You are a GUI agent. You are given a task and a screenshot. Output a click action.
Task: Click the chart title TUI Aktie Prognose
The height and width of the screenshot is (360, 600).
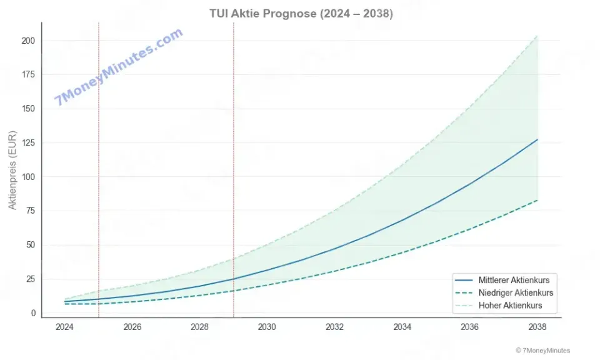[x=301, y=14]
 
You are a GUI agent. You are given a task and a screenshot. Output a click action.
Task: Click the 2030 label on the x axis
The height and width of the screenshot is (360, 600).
[x=267, y=326]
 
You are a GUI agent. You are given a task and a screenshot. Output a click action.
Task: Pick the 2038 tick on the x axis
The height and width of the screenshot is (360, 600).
[x=537, y=326]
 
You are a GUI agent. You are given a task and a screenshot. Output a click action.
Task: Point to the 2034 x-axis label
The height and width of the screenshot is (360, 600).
[x=402, y=326]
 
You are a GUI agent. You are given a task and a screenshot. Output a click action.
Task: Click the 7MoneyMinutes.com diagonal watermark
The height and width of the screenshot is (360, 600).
[x=119, y=66]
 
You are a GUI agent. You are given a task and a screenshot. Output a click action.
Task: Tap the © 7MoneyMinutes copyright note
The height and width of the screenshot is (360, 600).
[x=542, y=351]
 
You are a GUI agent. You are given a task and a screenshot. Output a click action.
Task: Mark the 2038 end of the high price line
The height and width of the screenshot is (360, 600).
[x=537, y=36]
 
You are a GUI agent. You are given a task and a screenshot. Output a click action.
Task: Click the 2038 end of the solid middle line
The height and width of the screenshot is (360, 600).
[x=537, y=140]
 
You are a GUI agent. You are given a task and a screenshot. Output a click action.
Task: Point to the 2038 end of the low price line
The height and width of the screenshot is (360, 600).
[x=537, y=200]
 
